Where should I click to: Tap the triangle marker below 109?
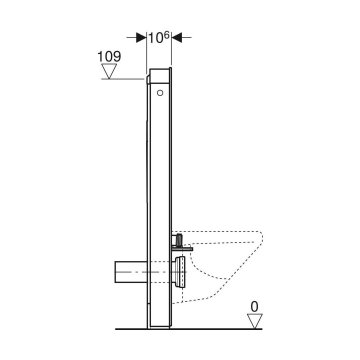click(109, 71)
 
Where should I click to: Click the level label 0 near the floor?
click(254, 306)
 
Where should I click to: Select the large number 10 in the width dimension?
click(155, 38)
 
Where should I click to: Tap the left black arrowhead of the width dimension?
click(140, 37)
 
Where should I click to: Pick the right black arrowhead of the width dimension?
click(178, 37)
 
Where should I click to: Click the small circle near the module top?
click(160, 92)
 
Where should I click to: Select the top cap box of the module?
click(160, 75)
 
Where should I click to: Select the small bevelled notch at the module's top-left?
click(148, 76)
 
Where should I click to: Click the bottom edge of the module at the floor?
click(160, 328)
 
